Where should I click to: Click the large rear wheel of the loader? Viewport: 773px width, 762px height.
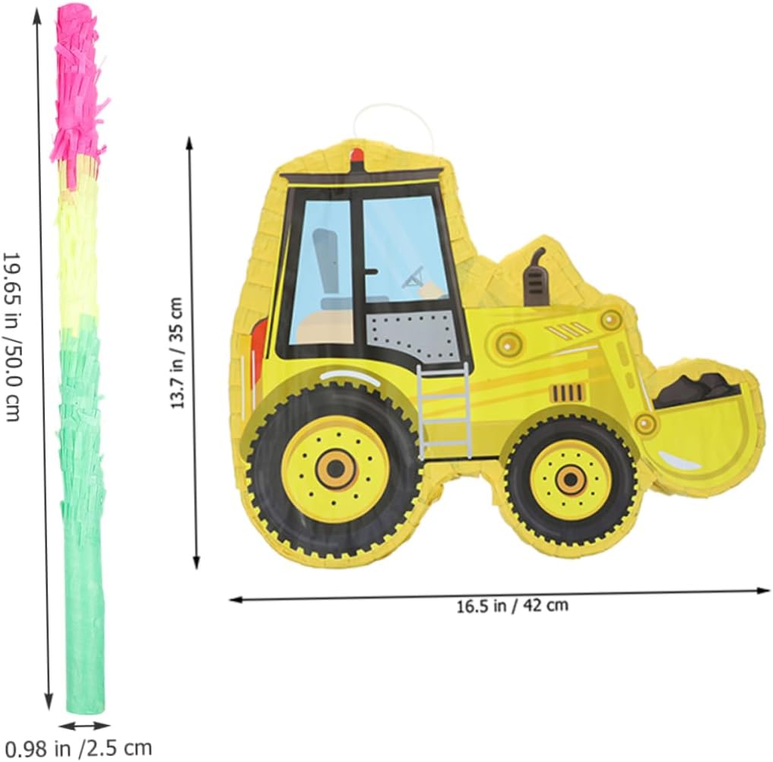coord(334,469)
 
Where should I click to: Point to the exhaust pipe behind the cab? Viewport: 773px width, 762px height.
coord(536,277)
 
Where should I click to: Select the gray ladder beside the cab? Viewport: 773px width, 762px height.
coord(444,411)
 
